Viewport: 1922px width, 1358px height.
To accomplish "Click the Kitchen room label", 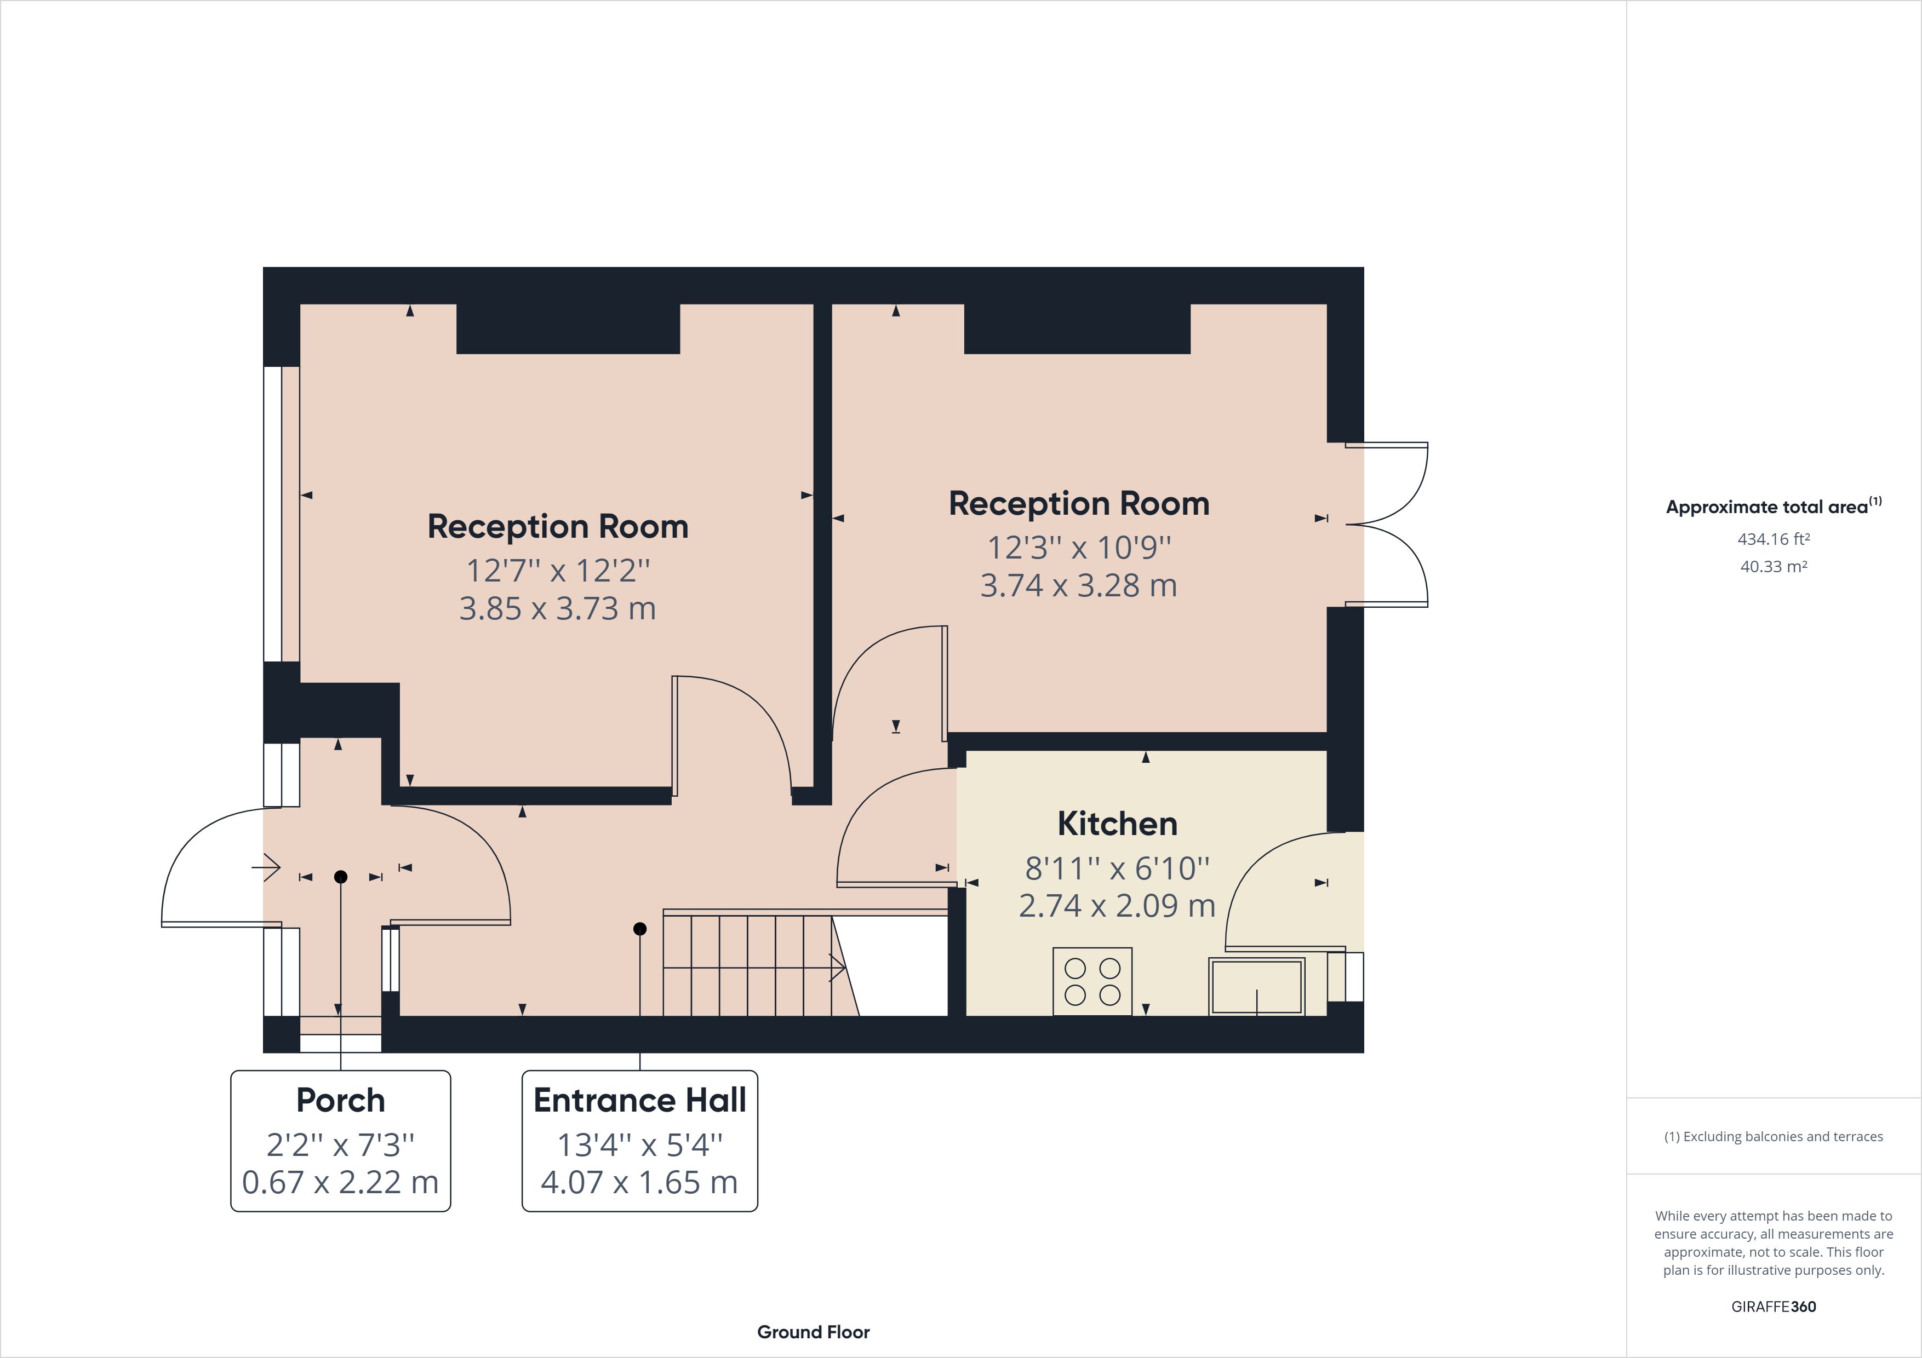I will (x=1117, y=824).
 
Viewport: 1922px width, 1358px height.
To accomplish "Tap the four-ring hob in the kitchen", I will (x=1091, y=981).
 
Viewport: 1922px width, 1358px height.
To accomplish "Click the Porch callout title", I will (x=341, y=1100).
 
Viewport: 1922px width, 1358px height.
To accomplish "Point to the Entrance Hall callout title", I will (x=639, y=1100).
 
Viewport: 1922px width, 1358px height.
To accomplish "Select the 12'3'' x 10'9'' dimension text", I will (x=1079, y=547).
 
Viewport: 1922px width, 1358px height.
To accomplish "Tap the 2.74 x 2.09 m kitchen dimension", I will (x=1117, y=905).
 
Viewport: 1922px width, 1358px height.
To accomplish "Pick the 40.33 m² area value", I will (x=1773, y=566).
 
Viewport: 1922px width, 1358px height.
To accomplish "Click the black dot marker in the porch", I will (x=341, y=877).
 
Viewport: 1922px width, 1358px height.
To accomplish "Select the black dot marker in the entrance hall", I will (x=639, y=929).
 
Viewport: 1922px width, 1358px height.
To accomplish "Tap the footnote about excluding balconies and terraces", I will (x=1773, y=1136).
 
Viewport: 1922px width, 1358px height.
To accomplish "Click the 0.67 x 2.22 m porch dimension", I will (x=341, y=1182).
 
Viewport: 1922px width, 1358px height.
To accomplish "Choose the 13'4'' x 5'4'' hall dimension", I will (x=639, y=1144).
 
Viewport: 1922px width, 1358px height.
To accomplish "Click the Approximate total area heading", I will (x=1773, y=506).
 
